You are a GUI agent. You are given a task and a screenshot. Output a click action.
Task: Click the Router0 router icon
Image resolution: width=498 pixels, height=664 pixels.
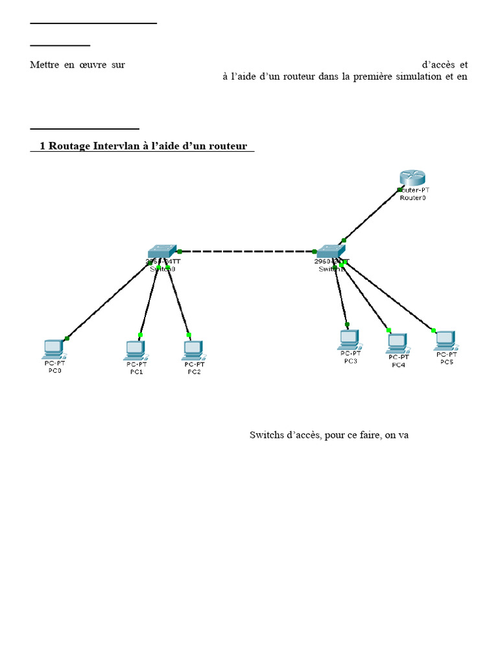click(410, 177)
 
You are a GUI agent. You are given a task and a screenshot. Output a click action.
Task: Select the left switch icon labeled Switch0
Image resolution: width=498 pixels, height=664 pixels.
click(161, 252)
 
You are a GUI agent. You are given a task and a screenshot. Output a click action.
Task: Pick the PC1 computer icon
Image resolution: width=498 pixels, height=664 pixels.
click(136, 350)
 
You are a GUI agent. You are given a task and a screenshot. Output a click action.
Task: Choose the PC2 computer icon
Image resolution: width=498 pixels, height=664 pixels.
click(193, 350)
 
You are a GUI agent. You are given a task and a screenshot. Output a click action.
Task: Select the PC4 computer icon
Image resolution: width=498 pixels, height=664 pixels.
click(397, 342)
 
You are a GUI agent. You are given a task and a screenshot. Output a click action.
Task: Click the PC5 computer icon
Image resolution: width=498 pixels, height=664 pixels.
click(445, 340)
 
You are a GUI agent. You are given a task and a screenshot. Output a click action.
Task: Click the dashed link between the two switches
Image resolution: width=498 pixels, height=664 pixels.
click(246, 251)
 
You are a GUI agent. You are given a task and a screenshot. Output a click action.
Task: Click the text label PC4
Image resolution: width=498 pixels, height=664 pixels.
click(398, 365)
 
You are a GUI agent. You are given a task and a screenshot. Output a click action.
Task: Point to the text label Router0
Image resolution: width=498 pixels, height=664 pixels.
click(413, 198)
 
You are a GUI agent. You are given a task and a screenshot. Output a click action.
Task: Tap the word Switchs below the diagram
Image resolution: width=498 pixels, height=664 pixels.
click(266, 435)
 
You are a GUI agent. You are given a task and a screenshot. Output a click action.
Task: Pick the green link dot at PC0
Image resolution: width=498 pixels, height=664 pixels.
click(67, 338)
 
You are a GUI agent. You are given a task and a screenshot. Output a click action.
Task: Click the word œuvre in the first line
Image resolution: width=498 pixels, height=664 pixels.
click(93, 65)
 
